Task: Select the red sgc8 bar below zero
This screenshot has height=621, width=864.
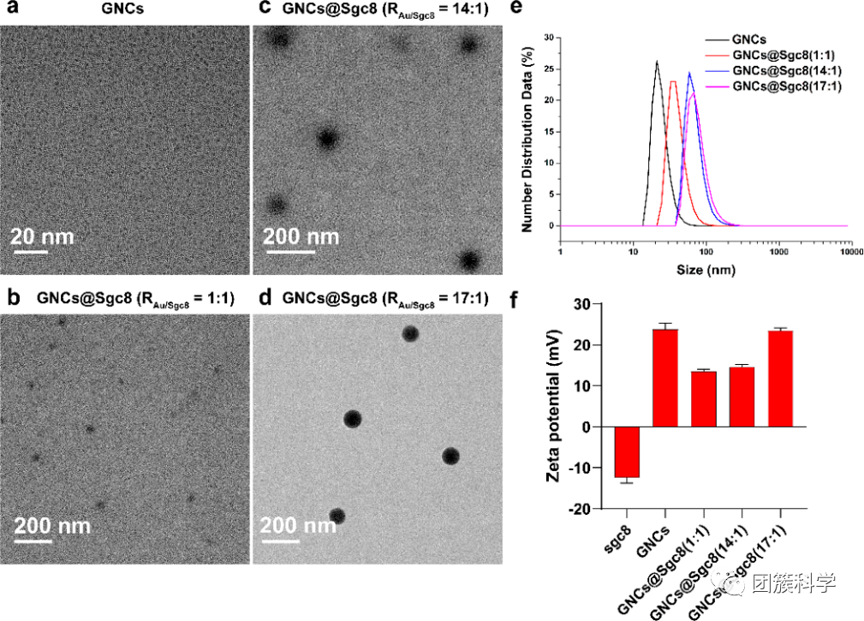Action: (x=626, y=451)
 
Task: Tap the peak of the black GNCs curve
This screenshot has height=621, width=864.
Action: (x=656, y=62)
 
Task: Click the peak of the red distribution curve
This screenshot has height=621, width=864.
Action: (x=673, y=81)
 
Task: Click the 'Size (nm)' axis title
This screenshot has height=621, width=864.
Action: (x=703, y=270)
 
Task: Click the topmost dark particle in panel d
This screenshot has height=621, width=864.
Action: (x=410, y=334)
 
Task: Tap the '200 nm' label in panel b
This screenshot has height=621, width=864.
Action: (x=51, y=524)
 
